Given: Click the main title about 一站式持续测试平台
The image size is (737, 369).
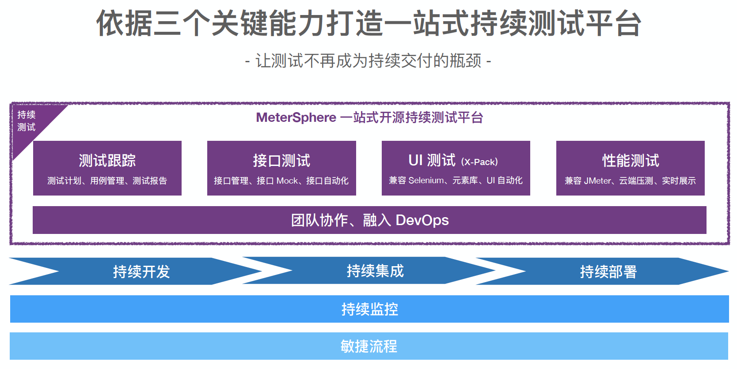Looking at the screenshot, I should click(368, 23).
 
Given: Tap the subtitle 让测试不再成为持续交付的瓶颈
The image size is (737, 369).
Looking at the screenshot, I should click(368, 61).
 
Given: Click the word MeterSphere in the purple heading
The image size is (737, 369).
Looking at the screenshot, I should click(296, 118).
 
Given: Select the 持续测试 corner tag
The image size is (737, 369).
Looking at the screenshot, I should click(27, 121).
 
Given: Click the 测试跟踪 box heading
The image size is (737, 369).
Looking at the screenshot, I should click(107, 160).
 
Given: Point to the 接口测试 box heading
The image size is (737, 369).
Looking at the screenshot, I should click(281, 160).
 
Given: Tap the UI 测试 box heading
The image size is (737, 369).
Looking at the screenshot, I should click(432, 160).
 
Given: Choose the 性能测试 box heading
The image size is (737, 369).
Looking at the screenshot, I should click(631, 160).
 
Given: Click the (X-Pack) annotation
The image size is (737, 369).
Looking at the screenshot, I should click(479, 162).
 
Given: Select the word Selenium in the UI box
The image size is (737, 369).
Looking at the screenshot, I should click(426, 181).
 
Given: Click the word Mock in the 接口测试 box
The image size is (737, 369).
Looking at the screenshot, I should click(287, 181).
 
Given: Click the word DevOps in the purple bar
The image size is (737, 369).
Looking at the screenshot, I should click(422, 220).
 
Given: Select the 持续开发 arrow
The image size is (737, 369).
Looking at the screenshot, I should click(141, 271).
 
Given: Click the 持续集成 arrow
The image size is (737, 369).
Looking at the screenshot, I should click(375, 271).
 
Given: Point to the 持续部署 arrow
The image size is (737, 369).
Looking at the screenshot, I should click(608, 271).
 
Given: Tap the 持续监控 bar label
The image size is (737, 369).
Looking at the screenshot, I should click(369, 309).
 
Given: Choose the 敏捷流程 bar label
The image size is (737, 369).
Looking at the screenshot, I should click(369, 346).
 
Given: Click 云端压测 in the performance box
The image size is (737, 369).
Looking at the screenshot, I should click(636, 181).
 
